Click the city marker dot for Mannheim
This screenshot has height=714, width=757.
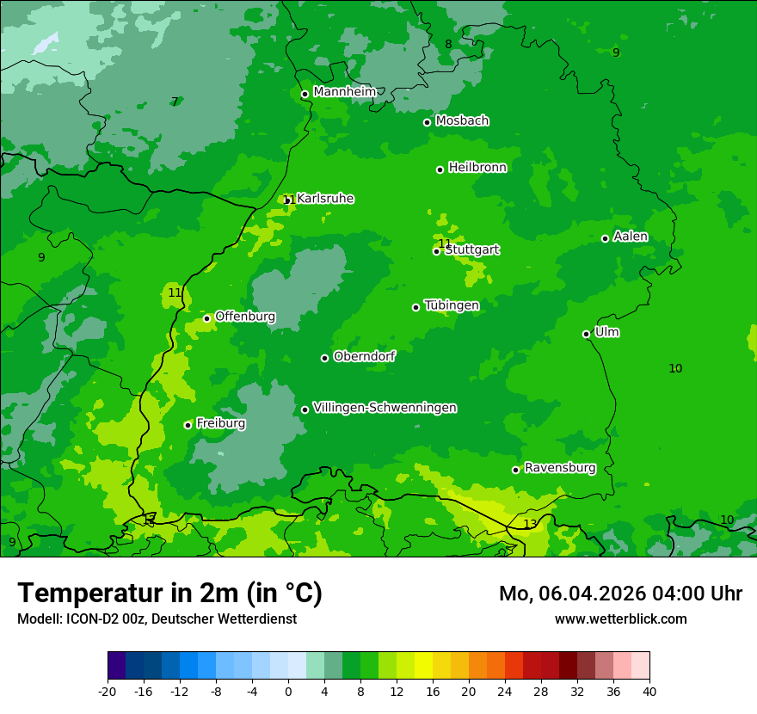coord(305,95)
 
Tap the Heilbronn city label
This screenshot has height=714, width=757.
coord(477,168)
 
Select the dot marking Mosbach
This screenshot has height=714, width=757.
coord(427,122)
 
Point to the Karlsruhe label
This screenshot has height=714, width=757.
coord(325,199)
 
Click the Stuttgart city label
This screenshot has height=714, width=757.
coord(472,250)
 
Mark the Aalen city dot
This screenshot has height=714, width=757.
coord(605,238)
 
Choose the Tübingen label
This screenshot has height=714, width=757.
coord(452,305)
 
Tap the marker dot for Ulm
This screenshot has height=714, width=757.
coord(586,334)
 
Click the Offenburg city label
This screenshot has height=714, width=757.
coord(245,317)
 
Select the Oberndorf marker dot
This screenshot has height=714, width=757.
coord(324,358)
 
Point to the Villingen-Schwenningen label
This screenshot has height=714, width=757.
coord(385,408)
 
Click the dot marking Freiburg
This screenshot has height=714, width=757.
coord(188,425)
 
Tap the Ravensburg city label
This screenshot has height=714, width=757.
coord(560,468)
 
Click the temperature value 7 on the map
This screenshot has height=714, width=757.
coord(175,102)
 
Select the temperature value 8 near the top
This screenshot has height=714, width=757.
coord(448,45)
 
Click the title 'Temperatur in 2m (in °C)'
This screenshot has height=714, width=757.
coord(169,594)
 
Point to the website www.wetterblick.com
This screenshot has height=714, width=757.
coord(620,619)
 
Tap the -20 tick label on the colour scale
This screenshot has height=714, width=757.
coord(108,691)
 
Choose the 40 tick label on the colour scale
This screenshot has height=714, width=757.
coord(649,691)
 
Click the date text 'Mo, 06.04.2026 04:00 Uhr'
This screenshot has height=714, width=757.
coord(620,594)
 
